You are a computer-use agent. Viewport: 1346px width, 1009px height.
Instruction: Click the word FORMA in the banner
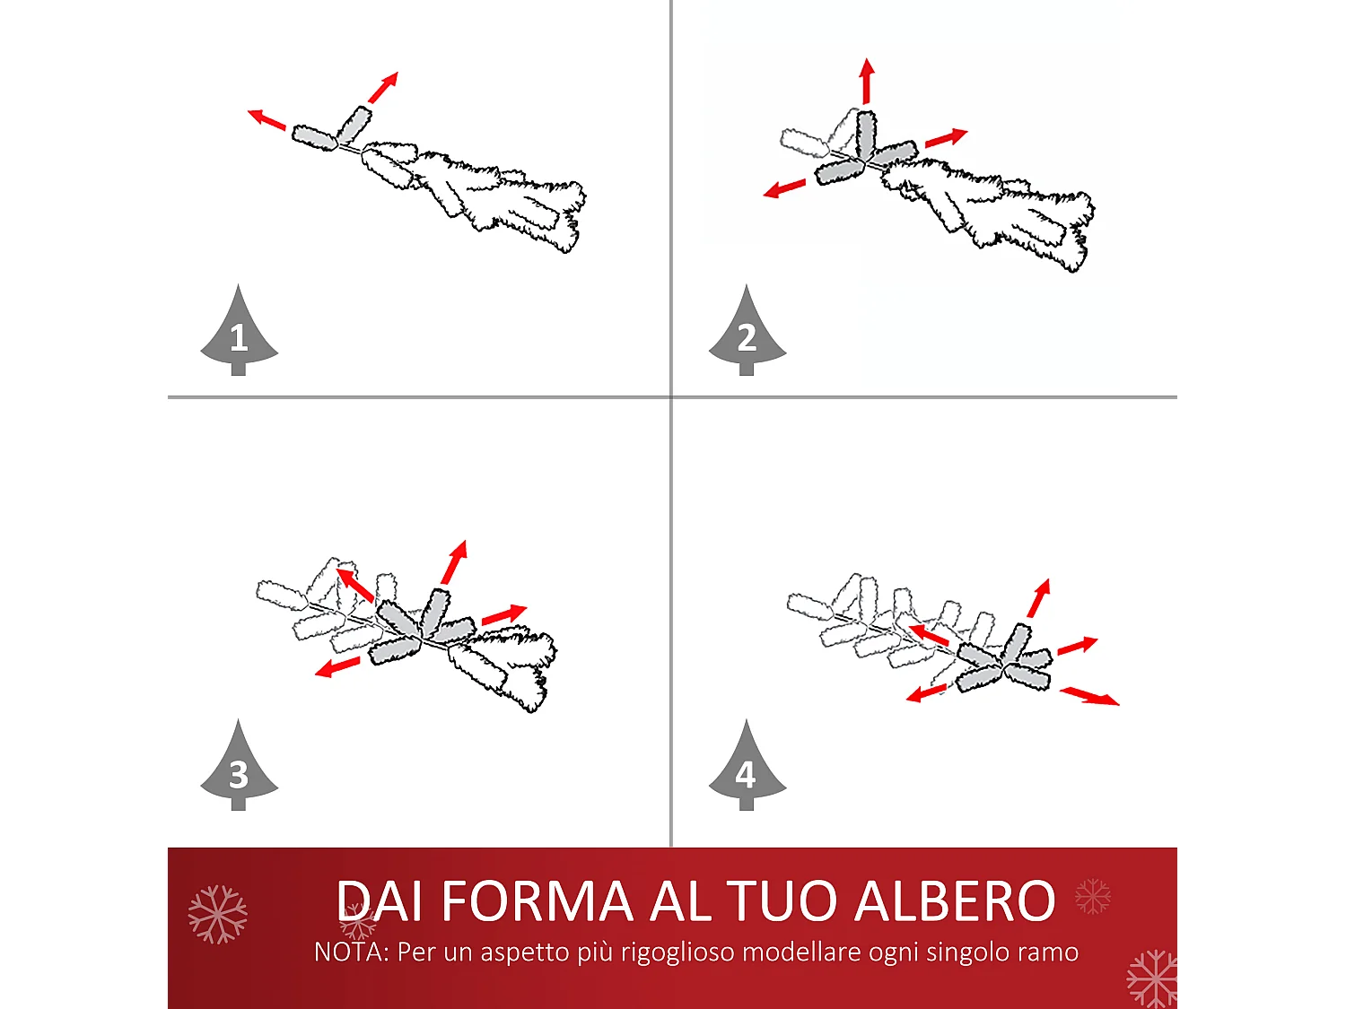[x=538, y=901]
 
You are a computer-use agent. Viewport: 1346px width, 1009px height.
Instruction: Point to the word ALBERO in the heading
[x=955, y=901]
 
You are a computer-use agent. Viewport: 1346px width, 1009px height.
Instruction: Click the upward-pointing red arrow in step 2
[x=866, y=81]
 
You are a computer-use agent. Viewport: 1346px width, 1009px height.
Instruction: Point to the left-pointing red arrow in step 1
[x=267, y=118]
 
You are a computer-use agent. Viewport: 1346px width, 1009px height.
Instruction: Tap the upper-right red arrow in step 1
[x=383, y=87]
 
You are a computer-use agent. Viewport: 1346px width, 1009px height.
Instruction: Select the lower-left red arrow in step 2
[x=784, y=188]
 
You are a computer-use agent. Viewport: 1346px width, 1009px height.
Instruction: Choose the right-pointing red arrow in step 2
[x=946, y=138]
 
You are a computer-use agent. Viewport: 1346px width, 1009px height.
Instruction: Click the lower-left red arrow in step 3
[x=337, y=667]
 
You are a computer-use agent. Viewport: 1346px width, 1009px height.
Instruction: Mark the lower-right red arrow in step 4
[x=1089, y=696]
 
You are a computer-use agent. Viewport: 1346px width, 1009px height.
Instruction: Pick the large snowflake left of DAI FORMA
[x=217, y=914]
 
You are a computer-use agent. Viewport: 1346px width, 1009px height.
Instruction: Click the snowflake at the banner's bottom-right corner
[x=1152, y=979]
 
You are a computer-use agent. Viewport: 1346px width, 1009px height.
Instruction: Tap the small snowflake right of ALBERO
[x=1092, y=896]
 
